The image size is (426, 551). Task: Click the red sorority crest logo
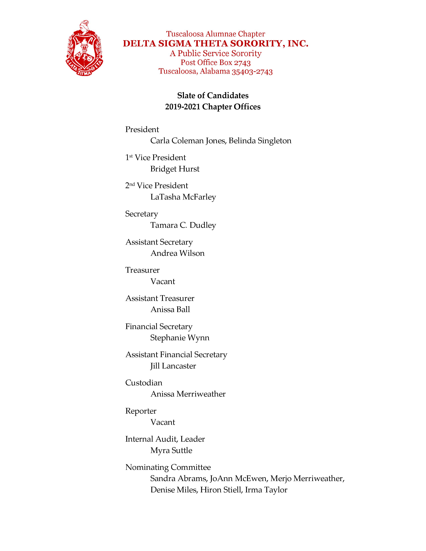tap(85, 48)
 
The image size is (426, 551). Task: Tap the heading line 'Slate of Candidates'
tap(213, 96)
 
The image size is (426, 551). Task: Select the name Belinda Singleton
tap(260, 141)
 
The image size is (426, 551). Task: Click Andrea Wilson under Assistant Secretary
tap(177, 253)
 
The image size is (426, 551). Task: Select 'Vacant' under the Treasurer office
tap(163, 282)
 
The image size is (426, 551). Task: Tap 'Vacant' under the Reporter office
tap(163, 422)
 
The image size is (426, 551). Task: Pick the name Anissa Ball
tap(170, 310)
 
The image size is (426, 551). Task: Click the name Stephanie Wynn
tap(180, 338)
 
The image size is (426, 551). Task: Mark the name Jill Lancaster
tap(173, 366)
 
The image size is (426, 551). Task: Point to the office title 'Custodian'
tap(144, 383)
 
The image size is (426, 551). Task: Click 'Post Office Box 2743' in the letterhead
tap(216, 63)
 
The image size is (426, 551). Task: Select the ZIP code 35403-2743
tap(252, 72)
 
